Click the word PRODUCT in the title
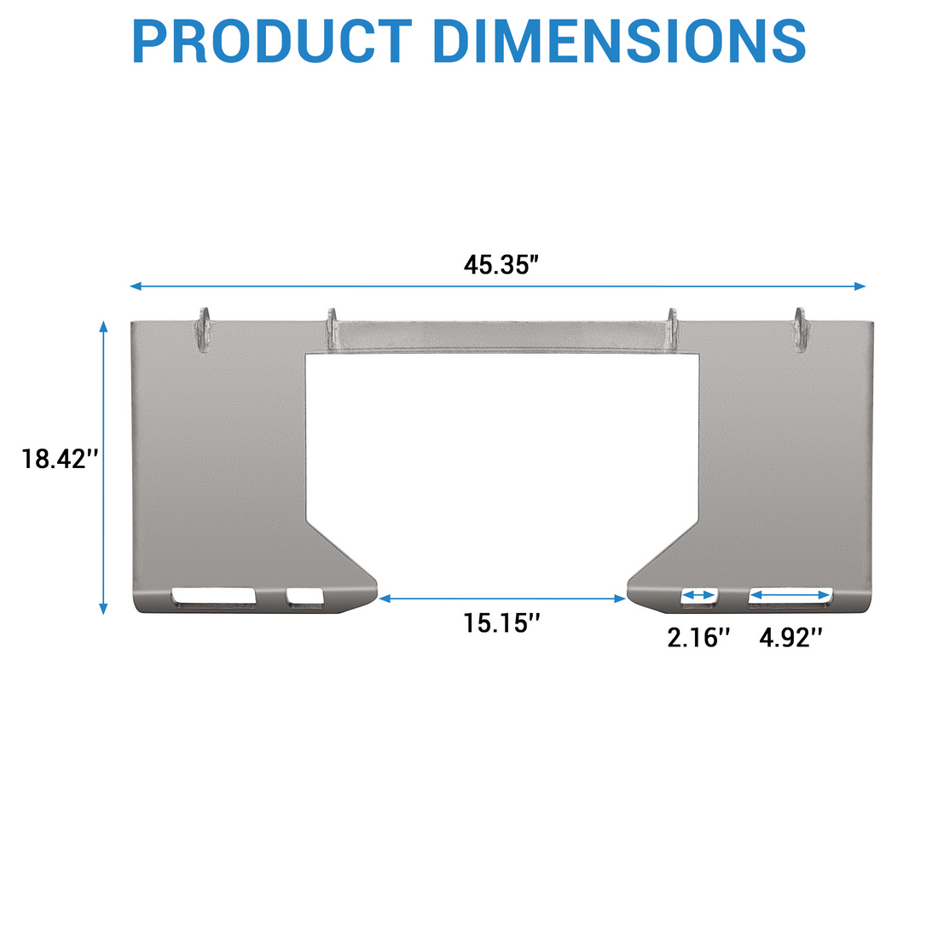[272, 41]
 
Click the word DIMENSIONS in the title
[619, 41]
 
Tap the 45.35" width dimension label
[501, 265]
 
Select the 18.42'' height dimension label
[60, 459]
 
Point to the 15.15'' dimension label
[501, 622]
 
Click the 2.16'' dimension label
[698, 638]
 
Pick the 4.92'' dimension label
[790, 638]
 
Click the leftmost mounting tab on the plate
[204, 330]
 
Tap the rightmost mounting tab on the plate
[801, 330]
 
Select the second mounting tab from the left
[332, 330]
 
